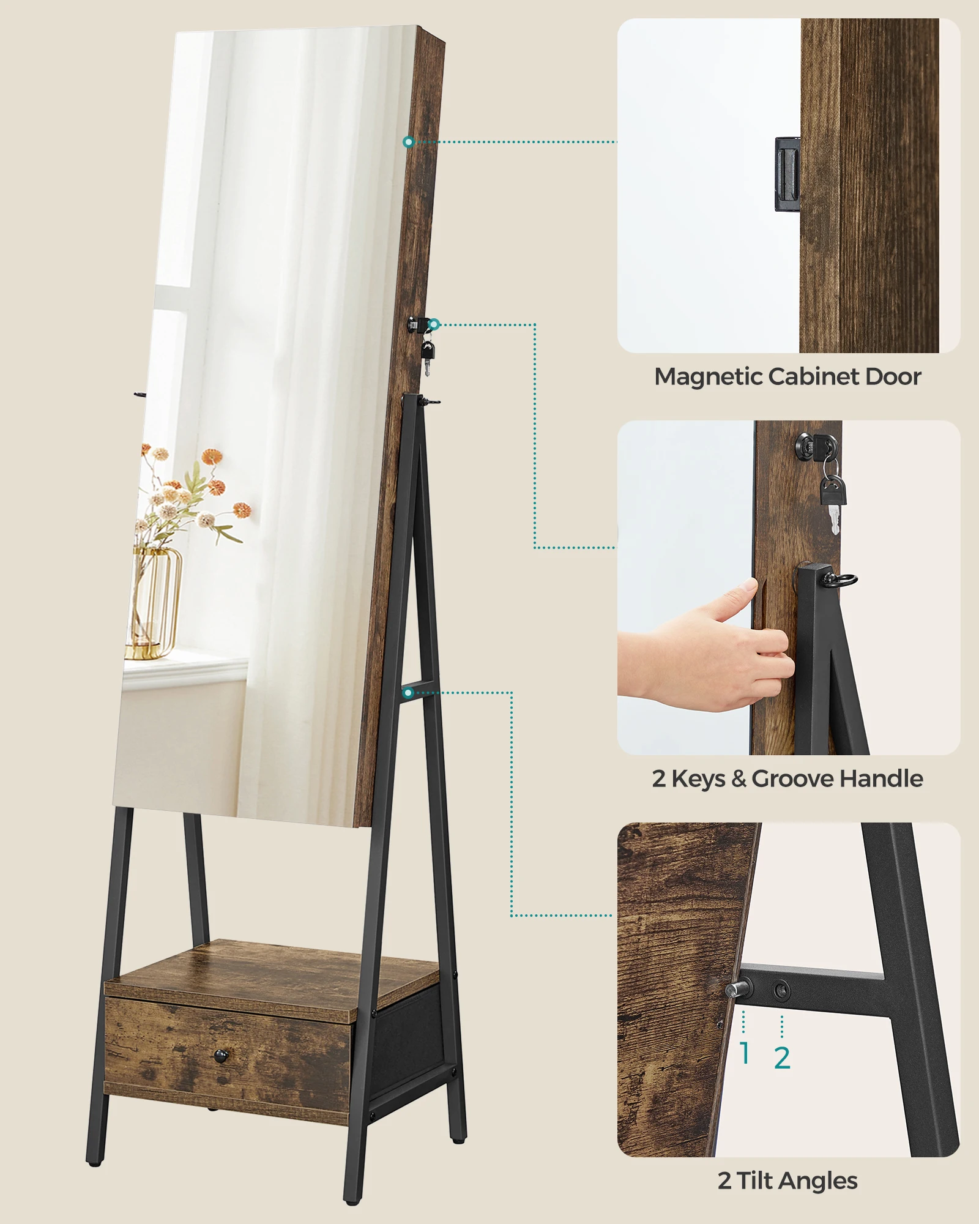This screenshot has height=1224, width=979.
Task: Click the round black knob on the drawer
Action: tap(220, 1054)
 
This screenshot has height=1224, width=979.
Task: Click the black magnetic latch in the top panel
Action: tap(787, 174)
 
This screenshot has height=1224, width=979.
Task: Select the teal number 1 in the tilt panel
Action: tap(744, 1053)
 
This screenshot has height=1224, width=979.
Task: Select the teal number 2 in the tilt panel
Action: tap(782, 1058)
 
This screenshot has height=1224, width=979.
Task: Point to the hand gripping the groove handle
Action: tap(710, 655)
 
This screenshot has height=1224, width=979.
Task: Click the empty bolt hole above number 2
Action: tap(781, 989)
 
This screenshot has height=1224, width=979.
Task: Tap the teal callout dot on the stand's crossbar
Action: tap(409, 693)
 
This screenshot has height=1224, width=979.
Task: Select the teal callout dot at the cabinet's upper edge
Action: tap(409, 142)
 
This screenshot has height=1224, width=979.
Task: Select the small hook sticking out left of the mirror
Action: tap(140, 395)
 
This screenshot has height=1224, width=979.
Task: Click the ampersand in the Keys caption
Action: tap(739, 778)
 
